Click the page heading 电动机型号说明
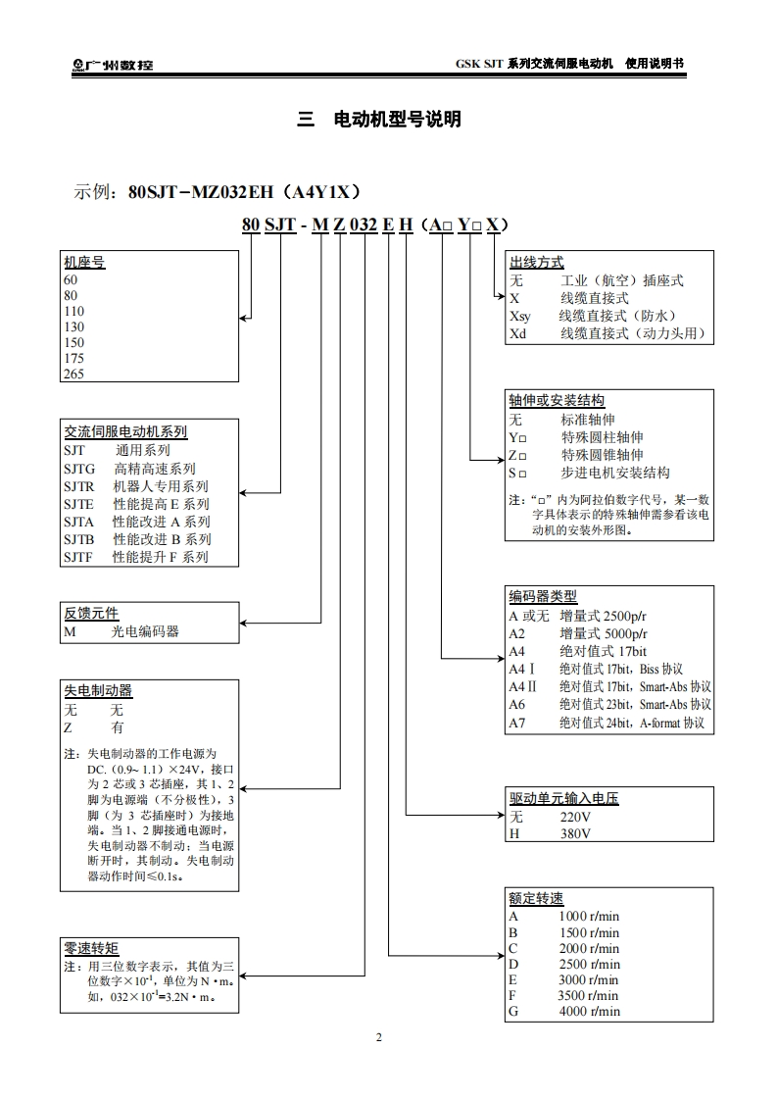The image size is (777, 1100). click(397, 120)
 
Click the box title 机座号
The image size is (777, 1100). click(84, 263)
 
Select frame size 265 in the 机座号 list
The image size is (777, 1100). click(73, 374)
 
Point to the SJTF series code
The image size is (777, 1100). click(78, 557)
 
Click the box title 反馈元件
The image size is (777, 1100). click(91, 613)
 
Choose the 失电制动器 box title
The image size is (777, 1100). click(98, 690)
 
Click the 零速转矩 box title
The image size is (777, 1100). click(91, 948)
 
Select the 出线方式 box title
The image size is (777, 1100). click(536, 263)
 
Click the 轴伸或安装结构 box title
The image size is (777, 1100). click(556, 401)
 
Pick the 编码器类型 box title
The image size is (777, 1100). click(542, 596)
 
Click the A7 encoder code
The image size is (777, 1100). click(517, 724)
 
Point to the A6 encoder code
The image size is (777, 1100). click(517, 705)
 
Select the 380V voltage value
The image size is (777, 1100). click(575, 833)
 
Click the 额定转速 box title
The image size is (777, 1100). click(536, 899)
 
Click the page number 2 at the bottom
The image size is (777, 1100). click(379, 1037)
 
